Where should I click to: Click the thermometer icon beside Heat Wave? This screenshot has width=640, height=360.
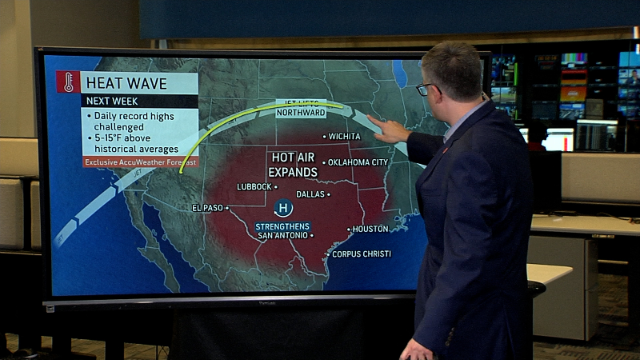coord(68,82)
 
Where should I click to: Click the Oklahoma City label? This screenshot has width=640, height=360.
coord(358,162)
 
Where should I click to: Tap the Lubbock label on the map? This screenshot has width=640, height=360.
coord(255,187)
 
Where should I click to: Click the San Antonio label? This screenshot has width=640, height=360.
coord(282,235)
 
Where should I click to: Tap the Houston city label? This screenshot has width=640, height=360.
coord(370,229)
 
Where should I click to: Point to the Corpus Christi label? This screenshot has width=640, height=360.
coord(361,254)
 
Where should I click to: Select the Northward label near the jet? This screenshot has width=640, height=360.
coord(301,113)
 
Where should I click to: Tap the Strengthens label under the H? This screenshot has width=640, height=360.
coord(282,226)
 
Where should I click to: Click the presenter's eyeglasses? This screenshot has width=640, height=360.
coord(425,88)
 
